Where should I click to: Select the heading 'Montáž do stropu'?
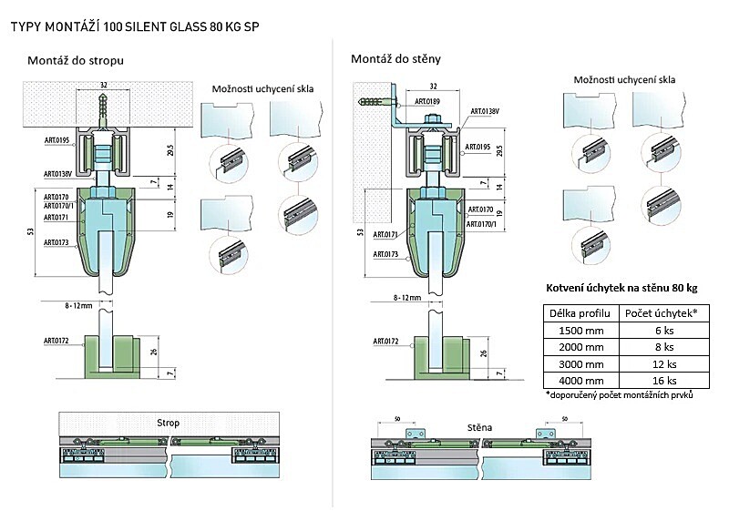[x=77, y=60]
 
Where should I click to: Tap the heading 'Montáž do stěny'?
[x=395, y=59]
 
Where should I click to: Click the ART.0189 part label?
[x=427, y=101]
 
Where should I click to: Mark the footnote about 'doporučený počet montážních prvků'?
[x=620, y=395]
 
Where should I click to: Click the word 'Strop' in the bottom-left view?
[x=168, y=423]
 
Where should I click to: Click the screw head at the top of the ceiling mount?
[x=104, y=96]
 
